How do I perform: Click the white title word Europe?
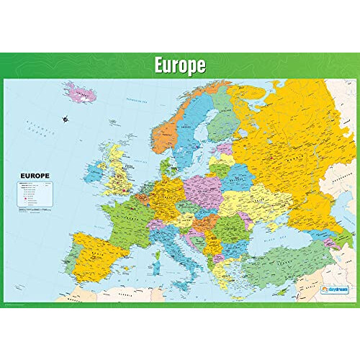click(180, 66)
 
